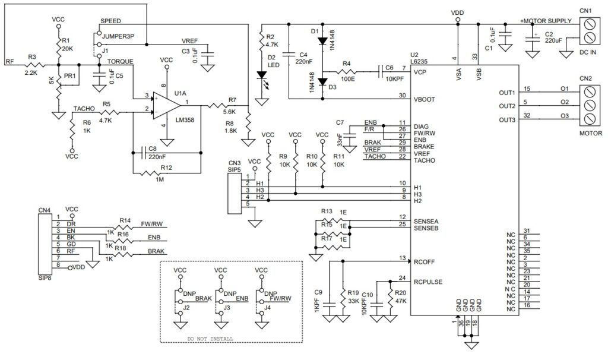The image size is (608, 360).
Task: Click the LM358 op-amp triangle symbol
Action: [x=167, y=102]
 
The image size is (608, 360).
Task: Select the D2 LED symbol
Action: [x=262, y=75]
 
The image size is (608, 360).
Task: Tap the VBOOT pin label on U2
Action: [x=426, y=99]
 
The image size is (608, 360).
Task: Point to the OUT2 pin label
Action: [x=507, y=106]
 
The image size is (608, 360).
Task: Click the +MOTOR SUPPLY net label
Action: [x=546, y=21]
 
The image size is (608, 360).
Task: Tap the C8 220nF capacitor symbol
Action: [x=145, y=152]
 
